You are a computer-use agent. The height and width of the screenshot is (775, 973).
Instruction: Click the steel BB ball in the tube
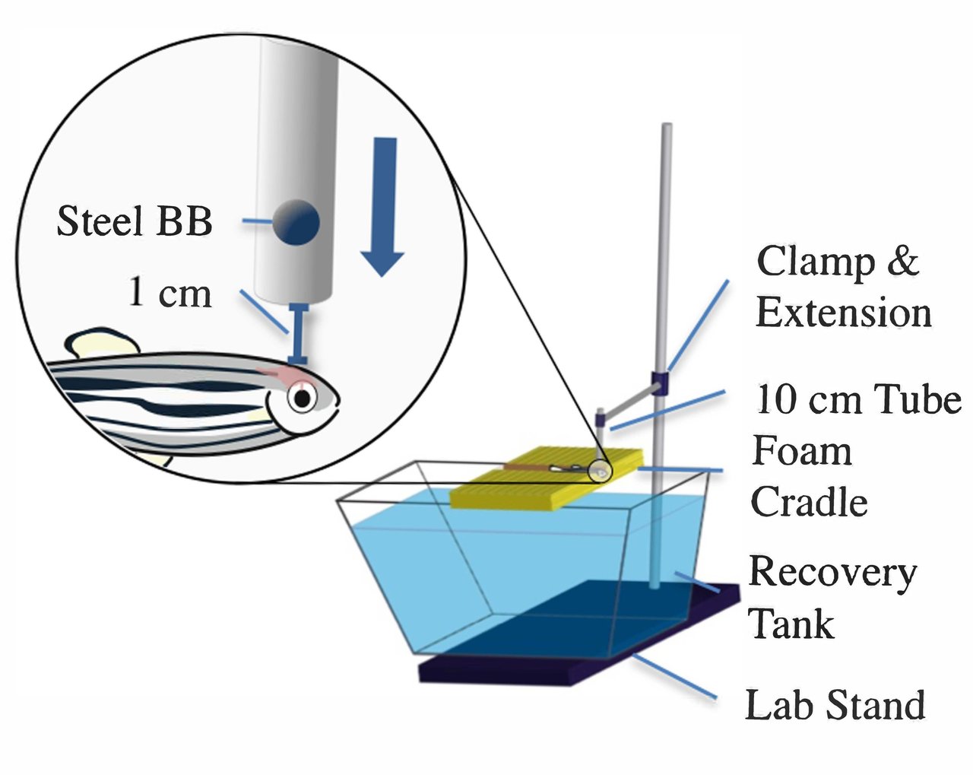pos(296,223)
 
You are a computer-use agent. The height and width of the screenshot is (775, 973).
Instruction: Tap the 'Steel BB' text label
pos(135,221)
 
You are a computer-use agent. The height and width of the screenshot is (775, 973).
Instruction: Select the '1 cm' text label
pos(170,293)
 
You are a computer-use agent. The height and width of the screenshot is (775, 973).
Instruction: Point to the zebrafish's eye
pos(303,398)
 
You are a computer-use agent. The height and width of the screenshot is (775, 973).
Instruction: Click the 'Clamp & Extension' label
pos(842,287)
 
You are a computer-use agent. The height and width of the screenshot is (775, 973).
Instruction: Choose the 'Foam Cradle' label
pos(809,477)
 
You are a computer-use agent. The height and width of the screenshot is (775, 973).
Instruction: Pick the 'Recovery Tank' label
pos(832,598)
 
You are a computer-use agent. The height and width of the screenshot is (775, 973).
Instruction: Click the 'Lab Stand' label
pos(835,704)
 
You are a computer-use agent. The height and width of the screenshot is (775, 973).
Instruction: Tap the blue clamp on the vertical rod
pos(659,383)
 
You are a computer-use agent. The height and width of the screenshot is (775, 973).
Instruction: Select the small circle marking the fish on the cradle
pos(601,472)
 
